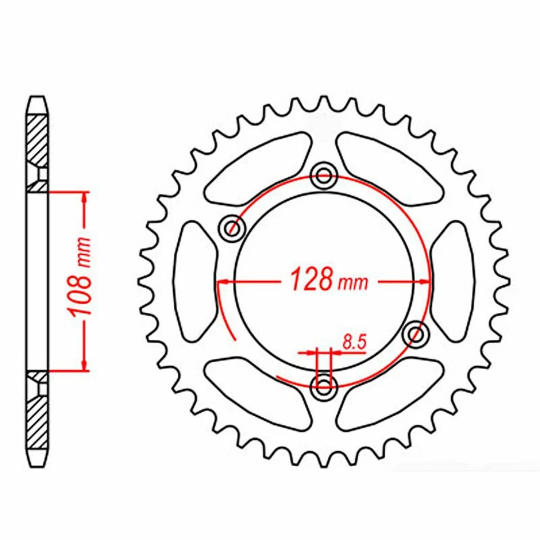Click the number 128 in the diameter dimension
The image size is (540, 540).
point(310,280)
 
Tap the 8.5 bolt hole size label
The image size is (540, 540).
point(353,341)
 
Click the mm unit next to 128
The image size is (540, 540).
point(353,282)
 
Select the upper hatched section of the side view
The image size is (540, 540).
point(37,138)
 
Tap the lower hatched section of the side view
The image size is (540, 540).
point(37,422)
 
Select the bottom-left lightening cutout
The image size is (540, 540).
point(256,393)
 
